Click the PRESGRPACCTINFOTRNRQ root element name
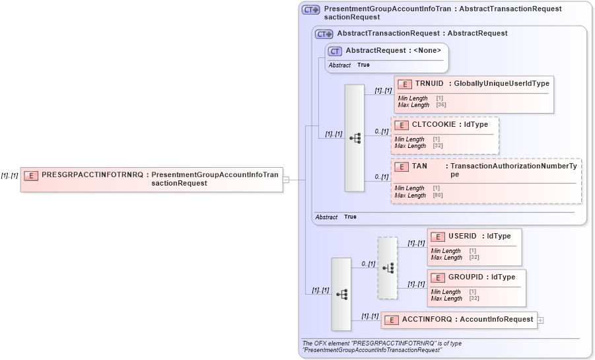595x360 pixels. [92, 175]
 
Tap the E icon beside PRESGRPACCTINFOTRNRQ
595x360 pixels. [30, 176]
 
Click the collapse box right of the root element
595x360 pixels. [285, 179]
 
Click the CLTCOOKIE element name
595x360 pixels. [434, 124]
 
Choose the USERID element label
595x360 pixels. [462, 236]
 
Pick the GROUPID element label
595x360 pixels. [465, 277]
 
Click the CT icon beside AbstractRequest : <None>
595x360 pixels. [335, 51]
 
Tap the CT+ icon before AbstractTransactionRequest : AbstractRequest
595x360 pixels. [324, 34]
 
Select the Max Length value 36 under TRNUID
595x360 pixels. [440, 105]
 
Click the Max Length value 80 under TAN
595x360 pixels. [437, 196]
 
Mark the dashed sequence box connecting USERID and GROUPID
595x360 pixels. [388, 268]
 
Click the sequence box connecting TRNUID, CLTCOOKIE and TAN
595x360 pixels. [355, 137]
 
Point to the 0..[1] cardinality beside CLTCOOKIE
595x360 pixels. [381, 131]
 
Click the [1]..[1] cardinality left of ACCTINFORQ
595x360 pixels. [369, 316]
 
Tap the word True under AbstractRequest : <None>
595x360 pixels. [363, 65]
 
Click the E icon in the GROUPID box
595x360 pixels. [437, 277]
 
